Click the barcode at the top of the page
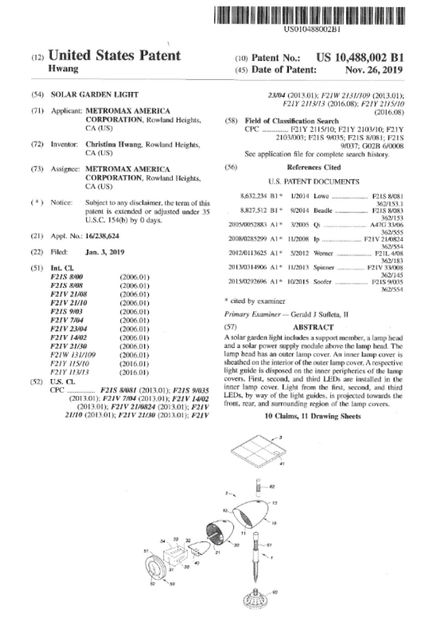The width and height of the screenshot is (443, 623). point(309,15)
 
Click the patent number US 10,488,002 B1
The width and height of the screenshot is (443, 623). point(360,58)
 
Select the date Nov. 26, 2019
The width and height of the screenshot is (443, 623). point(374,70)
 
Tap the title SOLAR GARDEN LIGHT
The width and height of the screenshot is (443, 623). point(94,95)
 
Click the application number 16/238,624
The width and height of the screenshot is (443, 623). point(102,236)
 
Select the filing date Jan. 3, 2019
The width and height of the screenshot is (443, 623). point(105,252)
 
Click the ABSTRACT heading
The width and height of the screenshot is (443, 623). point(313,327)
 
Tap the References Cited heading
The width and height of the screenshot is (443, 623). point(314,168)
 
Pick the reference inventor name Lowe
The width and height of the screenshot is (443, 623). point(321,196)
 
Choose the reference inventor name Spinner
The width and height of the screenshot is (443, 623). point(324,267)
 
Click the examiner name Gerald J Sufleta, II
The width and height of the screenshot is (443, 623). point(319,314)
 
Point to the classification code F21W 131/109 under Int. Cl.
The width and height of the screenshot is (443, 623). point(73,355)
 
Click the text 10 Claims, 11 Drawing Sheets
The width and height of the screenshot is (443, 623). point(313,416)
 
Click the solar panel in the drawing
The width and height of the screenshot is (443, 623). point(259,452)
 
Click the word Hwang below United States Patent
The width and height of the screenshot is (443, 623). point(63,69)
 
